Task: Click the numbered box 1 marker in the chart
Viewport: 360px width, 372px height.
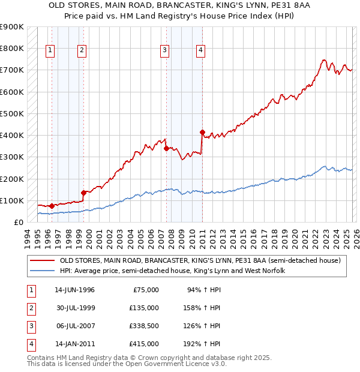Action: coord(49,51)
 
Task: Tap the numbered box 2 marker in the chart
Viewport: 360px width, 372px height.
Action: coord(82,51)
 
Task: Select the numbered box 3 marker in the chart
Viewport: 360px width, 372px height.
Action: coord(164,51)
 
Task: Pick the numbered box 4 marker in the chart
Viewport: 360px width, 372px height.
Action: coord(200,51)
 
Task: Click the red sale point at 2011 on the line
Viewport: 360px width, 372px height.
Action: coord(202,132)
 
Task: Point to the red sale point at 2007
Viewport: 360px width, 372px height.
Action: coord(166,149)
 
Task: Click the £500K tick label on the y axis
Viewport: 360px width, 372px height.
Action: coord(11,113)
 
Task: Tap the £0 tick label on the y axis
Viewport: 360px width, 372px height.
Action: coord(18,222)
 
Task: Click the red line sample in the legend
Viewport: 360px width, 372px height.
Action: coord(42,261)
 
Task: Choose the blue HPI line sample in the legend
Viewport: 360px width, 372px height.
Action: coord(42,271)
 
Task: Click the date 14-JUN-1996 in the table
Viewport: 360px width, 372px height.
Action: coord(74,290)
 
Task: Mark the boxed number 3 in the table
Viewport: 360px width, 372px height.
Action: coord(30,326)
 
